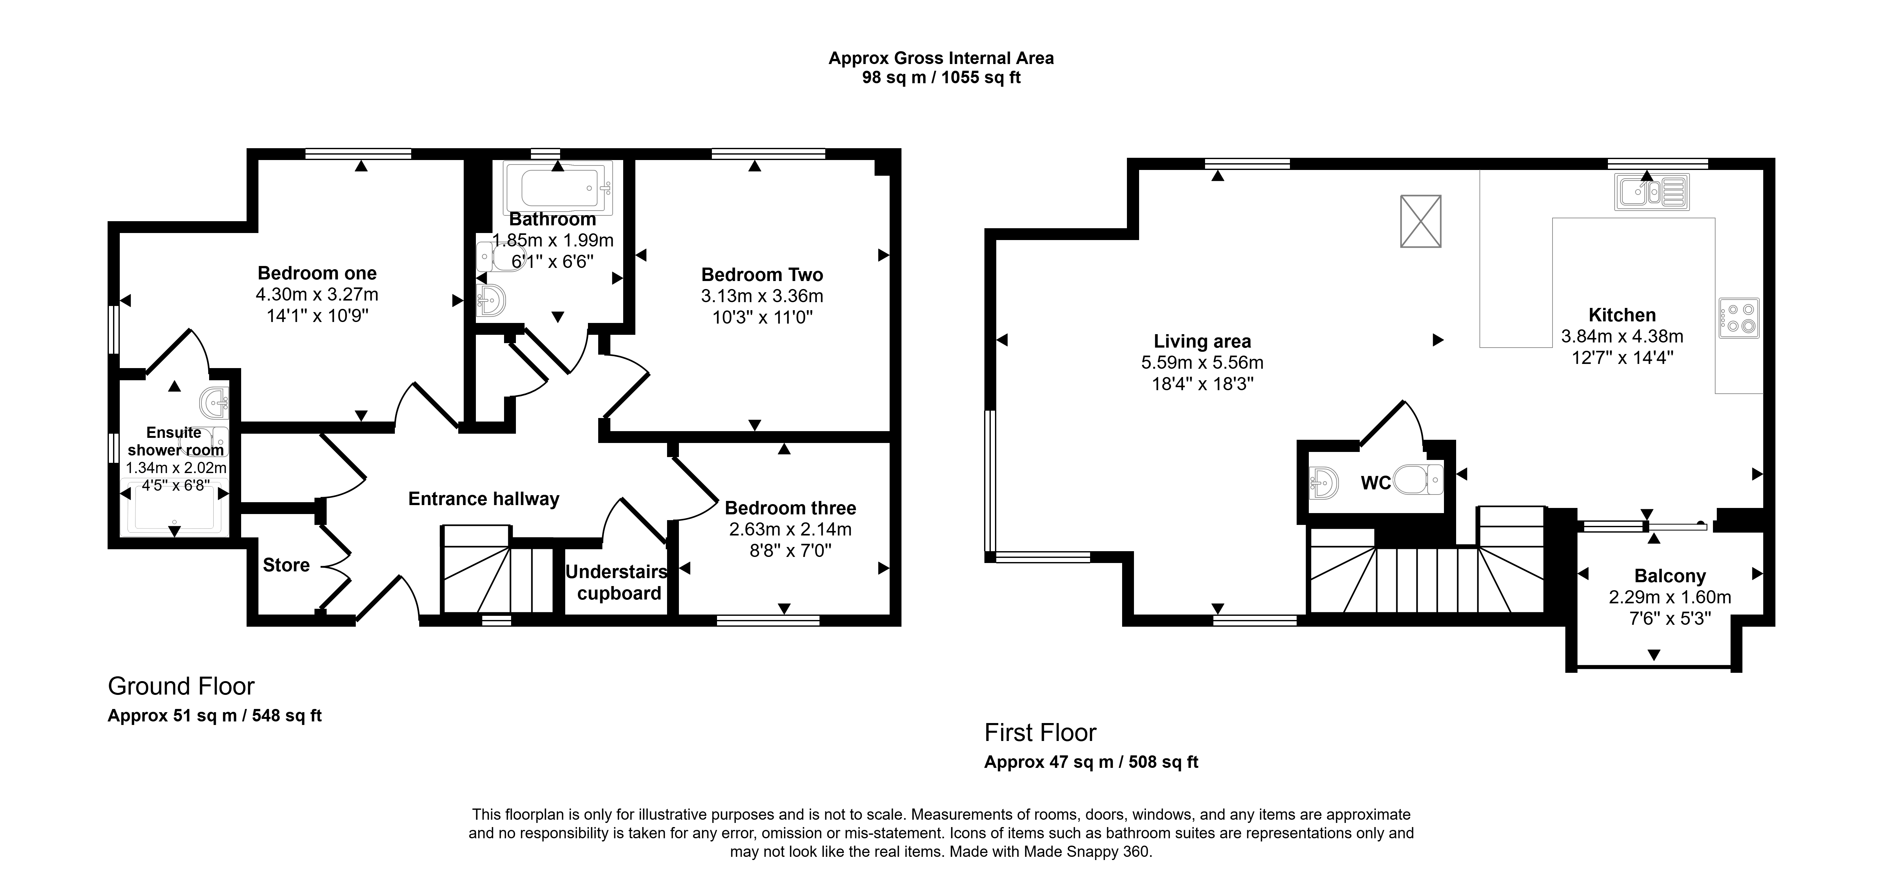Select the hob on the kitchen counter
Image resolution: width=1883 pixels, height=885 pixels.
click(1740, 318)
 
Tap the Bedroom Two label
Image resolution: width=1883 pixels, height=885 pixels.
click(762, 275)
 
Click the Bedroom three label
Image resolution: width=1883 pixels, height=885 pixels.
click(790, 508)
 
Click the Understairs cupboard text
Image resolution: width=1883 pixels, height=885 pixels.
click(618, 583)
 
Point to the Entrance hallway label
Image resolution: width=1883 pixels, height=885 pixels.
click(484, 499)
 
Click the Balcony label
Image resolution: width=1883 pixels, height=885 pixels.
click(1670, 576)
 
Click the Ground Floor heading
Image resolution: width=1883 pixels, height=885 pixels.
click(181, 686)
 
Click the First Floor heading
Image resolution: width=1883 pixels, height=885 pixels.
click(1040, 732)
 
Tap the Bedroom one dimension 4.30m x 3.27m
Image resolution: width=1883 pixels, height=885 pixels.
click(316, 294)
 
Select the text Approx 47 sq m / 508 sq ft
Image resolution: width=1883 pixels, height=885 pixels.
click(1091, 762)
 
